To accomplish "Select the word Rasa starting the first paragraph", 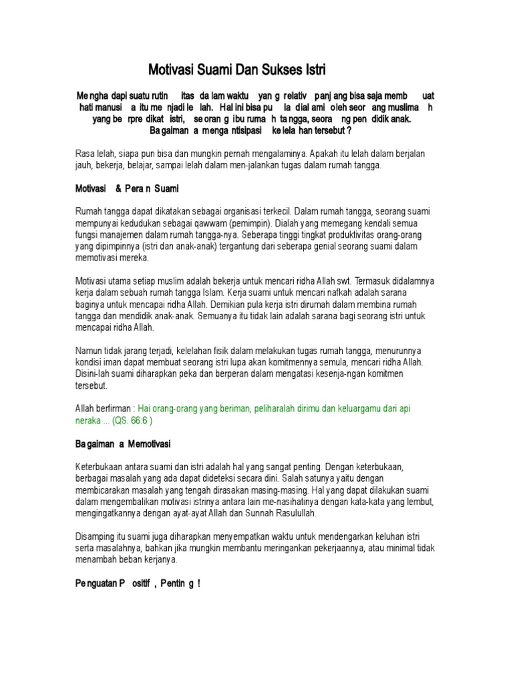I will pos(86,154).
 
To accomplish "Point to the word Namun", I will pos(90,351).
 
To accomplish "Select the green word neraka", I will pos(89,420).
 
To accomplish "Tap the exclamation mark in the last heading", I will pos(199,583).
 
